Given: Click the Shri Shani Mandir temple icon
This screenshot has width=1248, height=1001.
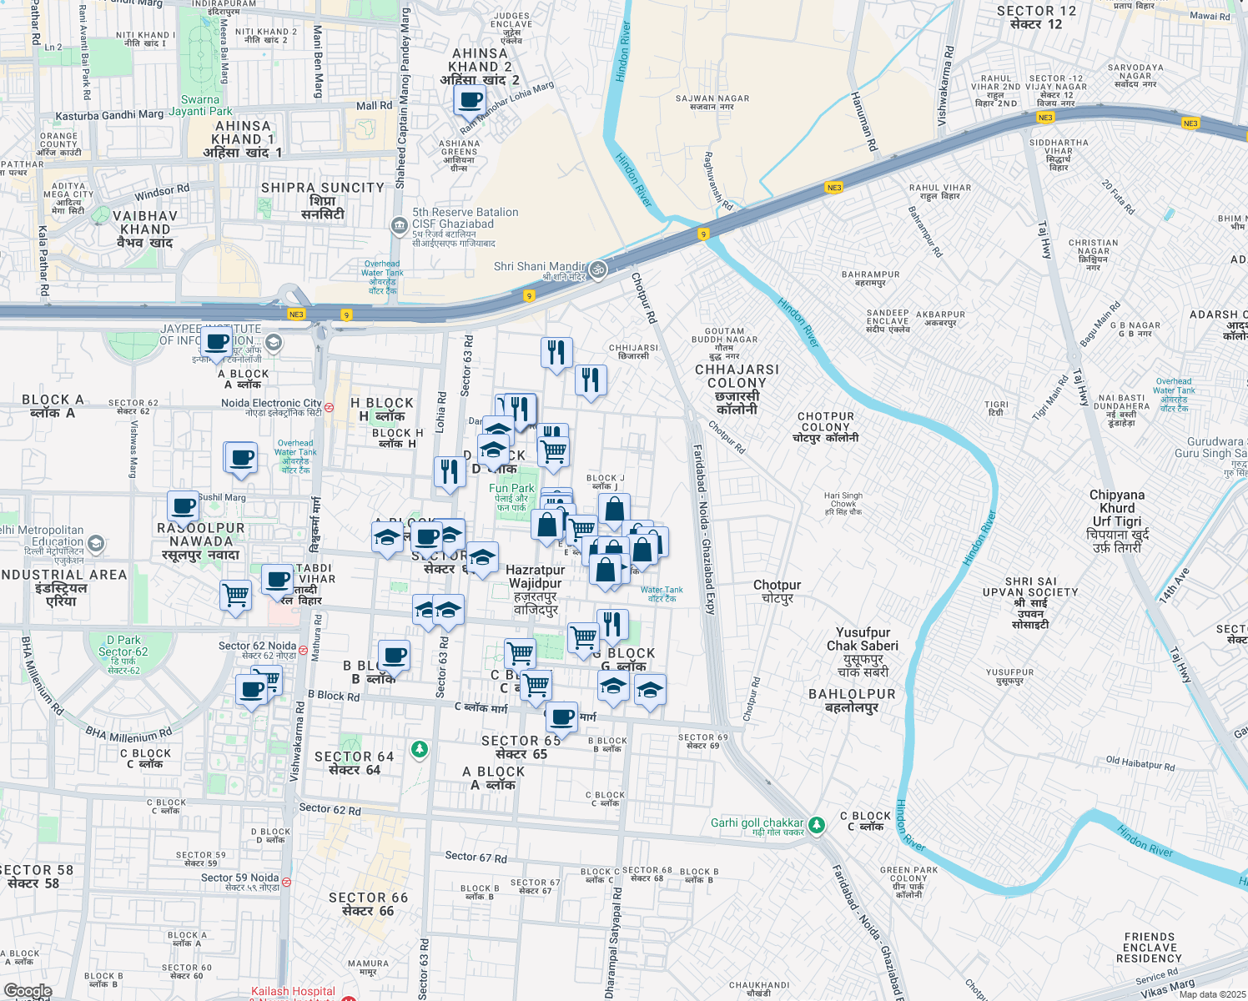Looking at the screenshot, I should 597,269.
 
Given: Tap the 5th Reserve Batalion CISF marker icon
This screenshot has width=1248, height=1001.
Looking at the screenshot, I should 399,225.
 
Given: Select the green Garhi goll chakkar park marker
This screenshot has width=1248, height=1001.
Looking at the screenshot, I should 817,825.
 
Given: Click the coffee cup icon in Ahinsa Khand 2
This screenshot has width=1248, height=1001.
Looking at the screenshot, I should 470,102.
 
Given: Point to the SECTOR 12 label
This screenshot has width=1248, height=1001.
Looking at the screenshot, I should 1036,18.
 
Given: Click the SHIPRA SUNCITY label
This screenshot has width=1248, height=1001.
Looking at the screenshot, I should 323,200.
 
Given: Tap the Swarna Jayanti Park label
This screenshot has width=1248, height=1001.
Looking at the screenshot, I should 201,105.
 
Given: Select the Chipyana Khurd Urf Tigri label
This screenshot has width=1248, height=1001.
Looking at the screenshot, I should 1117,521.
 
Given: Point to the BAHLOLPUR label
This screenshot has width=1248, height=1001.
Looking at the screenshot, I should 852,701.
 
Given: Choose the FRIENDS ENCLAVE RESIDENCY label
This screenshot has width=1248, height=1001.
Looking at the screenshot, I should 1149,948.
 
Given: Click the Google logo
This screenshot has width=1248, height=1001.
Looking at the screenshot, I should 28,991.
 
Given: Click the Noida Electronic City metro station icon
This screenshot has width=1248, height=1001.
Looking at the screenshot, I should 330,408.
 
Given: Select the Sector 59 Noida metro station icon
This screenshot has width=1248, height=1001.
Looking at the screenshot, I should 286,882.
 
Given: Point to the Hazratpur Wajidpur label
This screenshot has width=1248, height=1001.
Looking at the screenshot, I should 536,590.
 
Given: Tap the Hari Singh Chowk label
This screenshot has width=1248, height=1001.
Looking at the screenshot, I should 843,503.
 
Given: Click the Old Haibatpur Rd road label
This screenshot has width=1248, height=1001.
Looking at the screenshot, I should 1140,763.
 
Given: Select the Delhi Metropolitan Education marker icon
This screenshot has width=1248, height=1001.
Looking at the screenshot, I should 96,544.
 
